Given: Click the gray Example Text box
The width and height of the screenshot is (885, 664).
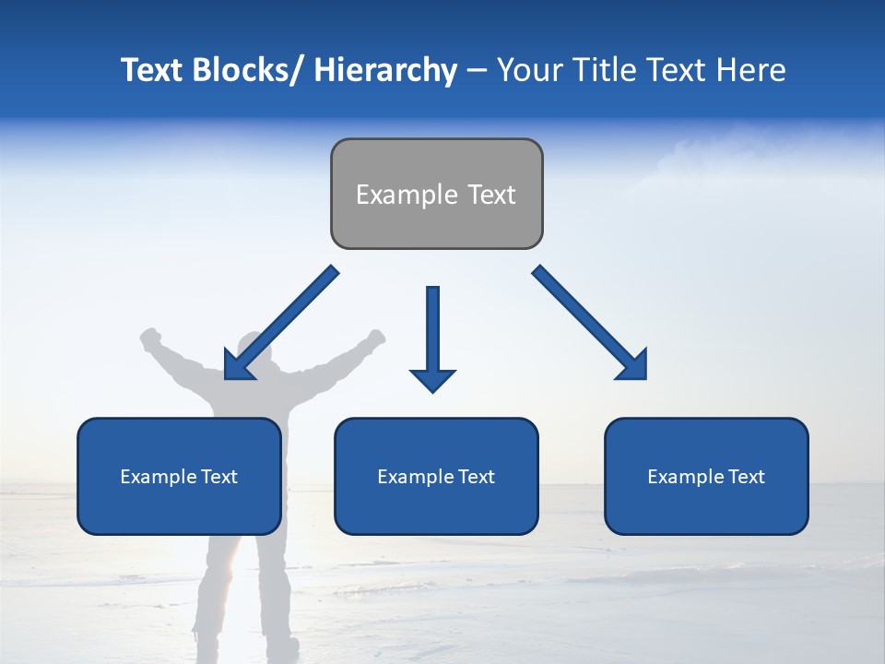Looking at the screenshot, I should coord(436,194).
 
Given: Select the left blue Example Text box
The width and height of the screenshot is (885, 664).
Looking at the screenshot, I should coord(179,476).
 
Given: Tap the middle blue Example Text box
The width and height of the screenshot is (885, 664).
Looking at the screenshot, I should coord(436,476).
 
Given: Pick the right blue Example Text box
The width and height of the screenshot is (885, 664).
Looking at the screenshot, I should coord(706,476).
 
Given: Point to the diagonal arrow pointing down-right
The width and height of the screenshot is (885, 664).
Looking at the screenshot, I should coord(590,323).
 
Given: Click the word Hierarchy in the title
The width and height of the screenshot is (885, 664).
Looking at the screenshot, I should coord(386,70).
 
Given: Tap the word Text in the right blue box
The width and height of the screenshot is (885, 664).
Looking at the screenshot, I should coord(746,476).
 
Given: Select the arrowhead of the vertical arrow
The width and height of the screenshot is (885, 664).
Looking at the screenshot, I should coord(432,378).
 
